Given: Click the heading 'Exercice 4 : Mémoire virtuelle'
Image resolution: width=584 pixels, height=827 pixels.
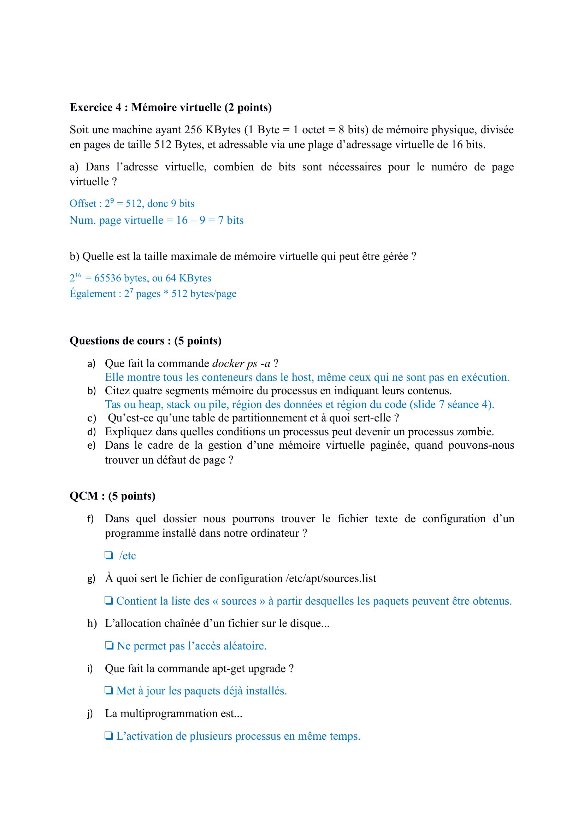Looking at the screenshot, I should (x=171, y=107).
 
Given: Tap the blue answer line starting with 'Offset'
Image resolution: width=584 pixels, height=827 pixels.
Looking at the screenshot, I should (x=132, y=204).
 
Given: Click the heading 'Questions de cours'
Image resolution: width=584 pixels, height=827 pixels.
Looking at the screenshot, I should (x=145, y=340).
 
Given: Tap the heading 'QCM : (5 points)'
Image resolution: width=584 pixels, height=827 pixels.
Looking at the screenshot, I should (x=112, y=496).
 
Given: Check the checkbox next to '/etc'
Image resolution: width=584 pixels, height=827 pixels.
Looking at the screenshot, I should (x=108, y=555).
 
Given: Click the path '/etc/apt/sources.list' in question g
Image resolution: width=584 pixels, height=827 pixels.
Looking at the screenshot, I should (x=331, y=578).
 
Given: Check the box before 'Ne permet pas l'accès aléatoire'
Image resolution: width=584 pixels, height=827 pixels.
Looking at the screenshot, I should (x=109, y=646).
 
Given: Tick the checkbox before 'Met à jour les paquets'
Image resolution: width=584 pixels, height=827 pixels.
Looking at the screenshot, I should (x=109, y=691).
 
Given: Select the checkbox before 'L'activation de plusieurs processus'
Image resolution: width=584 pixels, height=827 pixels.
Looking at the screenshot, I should (x=109, y=736).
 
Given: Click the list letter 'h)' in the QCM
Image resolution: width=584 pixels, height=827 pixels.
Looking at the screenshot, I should (x=92, y=623).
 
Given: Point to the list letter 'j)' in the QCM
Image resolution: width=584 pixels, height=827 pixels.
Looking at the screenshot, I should (x=90, y=714).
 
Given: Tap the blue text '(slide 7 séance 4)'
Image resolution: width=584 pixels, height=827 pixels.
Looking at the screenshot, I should (x=451, y=404).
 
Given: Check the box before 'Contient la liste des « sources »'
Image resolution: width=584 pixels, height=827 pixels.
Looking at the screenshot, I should (x=109, y=601).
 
